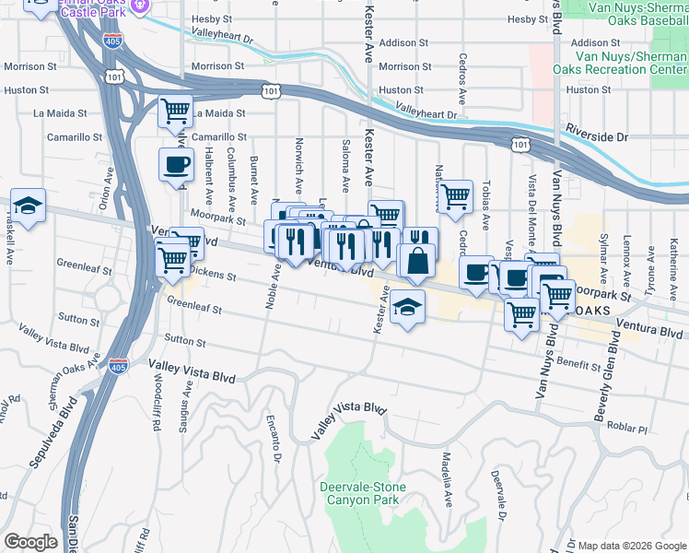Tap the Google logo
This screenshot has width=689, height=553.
(x=30, y=542)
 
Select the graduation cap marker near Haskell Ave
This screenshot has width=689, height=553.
(x=29, y=206)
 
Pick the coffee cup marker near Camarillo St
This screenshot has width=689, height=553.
(x=176, y=165)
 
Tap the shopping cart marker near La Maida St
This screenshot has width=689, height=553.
(x=175, y=112)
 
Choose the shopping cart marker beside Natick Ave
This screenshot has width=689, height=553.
(x=455, y=197)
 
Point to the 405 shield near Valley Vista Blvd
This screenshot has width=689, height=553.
(x=118, y=366)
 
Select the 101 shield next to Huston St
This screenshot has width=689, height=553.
(x=270, y=90)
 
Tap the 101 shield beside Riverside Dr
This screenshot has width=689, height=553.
(x=521, y=145)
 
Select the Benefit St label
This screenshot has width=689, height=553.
(x=578, y=365)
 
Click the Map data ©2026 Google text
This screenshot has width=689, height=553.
(x=631, y=545)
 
